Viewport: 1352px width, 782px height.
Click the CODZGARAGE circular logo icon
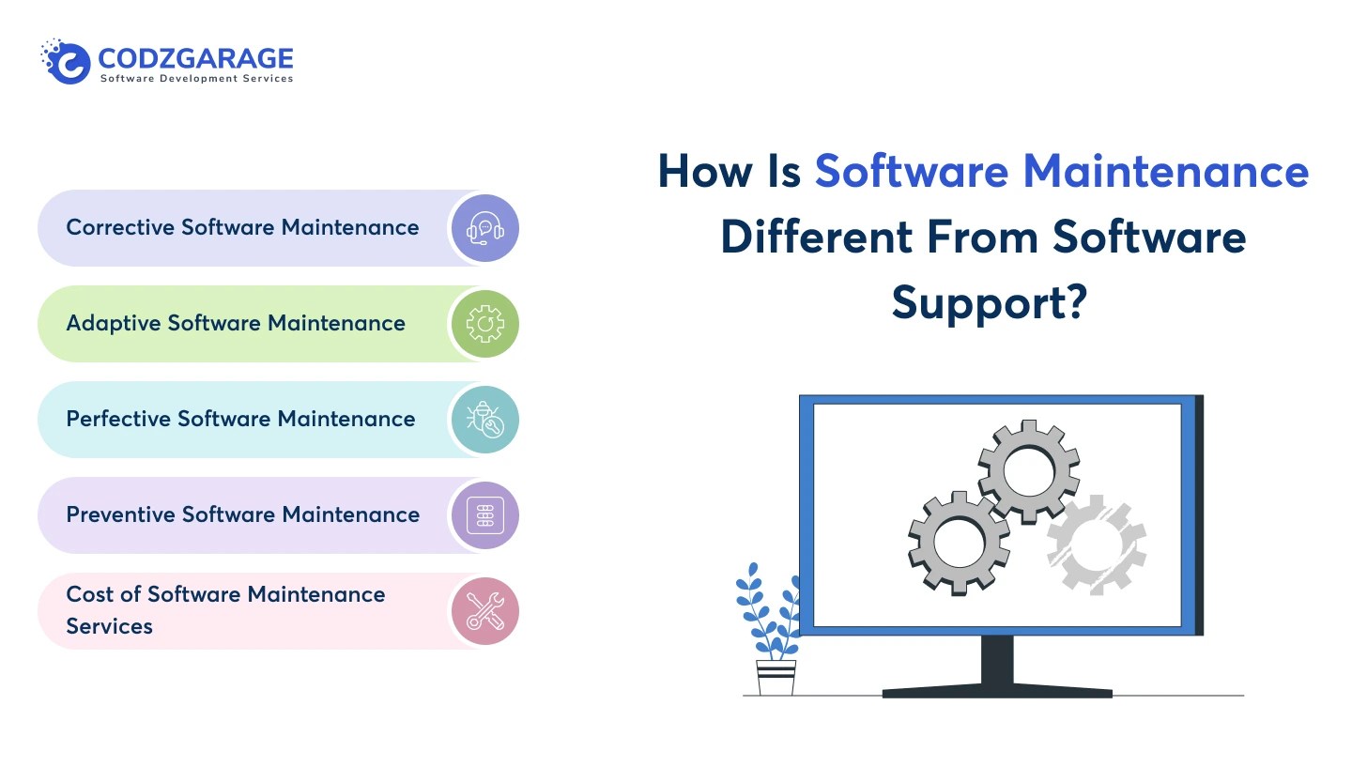click(68, 62)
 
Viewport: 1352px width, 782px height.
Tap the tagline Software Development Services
click(196, 79)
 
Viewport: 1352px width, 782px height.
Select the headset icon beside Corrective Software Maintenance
click(484, 228)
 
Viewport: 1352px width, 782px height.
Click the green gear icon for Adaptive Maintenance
click(484, 324)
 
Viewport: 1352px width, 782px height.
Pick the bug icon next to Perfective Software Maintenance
click(484, 420)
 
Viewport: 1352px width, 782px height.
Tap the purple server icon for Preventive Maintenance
click(484, 515)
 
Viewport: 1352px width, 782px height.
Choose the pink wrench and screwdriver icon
click(484, 611)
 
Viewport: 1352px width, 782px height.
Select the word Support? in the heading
click(989, 303)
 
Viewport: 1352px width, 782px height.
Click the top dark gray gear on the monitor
click(1028, 471)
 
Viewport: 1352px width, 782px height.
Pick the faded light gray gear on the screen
click(1096, 544)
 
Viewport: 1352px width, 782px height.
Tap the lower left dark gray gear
click(959, 542)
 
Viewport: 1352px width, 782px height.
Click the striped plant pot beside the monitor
click(776, 676)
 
